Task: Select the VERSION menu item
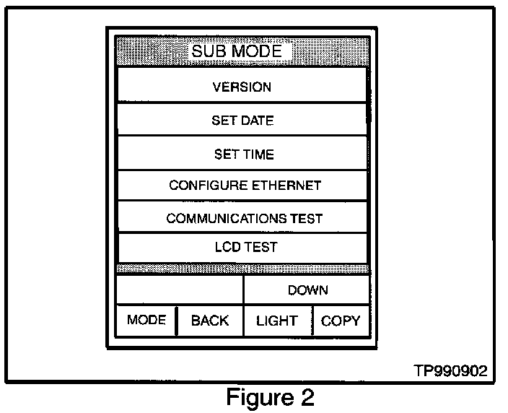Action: coord(242,87)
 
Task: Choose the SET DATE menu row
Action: coord(242,121)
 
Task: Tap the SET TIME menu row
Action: coord(243,155)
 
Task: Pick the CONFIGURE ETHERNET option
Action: coord(245,186)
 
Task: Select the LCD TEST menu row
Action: coord(245,247)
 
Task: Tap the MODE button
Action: coord(146,320)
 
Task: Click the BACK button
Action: coord(209,321)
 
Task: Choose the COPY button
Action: coord(341,321)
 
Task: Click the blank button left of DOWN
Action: coord(180,290)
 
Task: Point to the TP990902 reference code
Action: coord(450,371)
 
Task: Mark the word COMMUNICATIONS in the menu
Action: coord(223,218)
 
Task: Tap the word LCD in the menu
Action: coord(227,247)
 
